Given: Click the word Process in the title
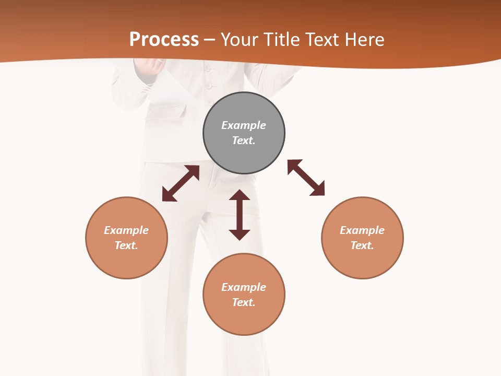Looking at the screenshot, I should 164,40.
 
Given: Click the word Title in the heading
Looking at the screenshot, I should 281,40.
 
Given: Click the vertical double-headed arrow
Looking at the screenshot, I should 240,215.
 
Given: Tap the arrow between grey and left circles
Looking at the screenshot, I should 181,183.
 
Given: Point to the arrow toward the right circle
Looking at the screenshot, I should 306,178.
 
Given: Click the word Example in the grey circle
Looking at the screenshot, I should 244,125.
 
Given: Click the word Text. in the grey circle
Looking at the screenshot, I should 244,140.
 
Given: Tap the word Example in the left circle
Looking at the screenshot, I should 126,230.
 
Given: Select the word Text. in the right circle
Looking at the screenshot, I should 362,245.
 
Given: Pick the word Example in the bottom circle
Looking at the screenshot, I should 244,287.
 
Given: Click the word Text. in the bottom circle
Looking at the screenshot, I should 244,302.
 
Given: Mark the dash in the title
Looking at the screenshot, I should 209,40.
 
